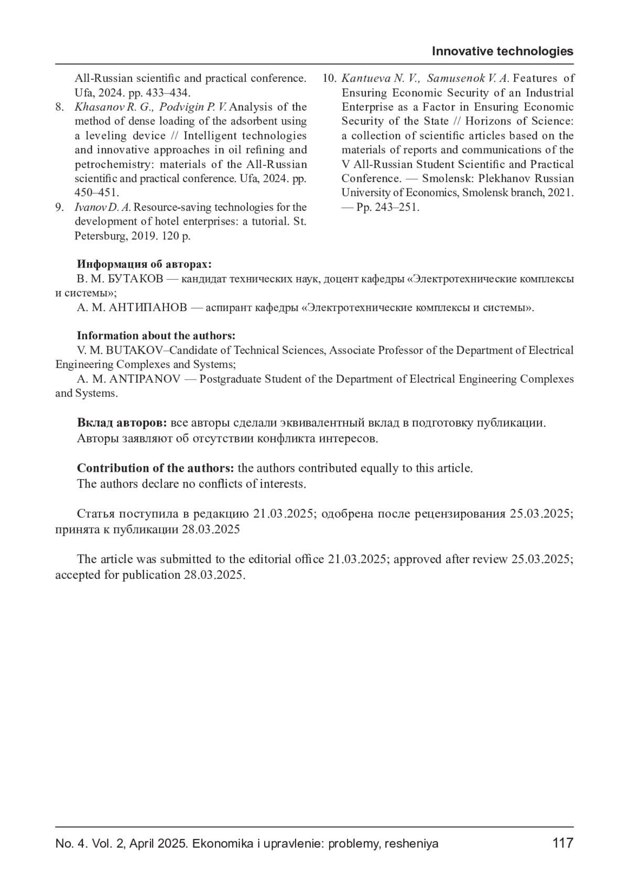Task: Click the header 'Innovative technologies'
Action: pyautogui.click(x=502, y=51)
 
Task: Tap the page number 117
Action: pyautogui.click(x=562, y=843)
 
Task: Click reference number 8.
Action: pyautogui.click(x=60, y=107)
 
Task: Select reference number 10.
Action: pyautogui.click(x=329, y=79)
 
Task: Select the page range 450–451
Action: pyautogui.click(x=97, y=193)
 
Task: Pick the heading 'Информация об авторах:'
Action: pyautogui.click(x=144, y=264)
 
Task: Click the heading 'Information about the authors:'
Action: pyautogui.click(x=156, y=336)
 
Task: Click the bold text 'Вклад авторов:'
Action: pyautogui.click(x=122, y=423)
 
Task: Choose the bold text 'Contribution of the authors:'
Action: pyautogui.click(x=155, y=468)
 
